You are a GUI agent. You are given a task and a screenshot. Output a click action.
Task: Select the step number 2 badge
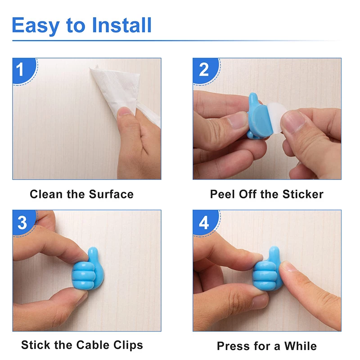click(x=204, y=70)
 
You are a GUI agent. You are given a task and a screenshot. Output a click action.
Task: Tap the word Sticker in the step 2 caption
click(x=303, y=194)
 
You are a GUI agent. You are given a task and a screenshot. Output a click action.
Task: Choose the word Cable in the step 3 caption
click(x=88, y=345)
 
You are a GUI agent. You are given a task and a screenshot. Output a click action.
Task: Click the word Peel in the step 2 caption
click(x=221, y=194)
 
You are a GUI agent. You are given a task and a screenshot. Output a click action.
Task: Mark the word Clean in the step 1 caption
click(x=45, y=194)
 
